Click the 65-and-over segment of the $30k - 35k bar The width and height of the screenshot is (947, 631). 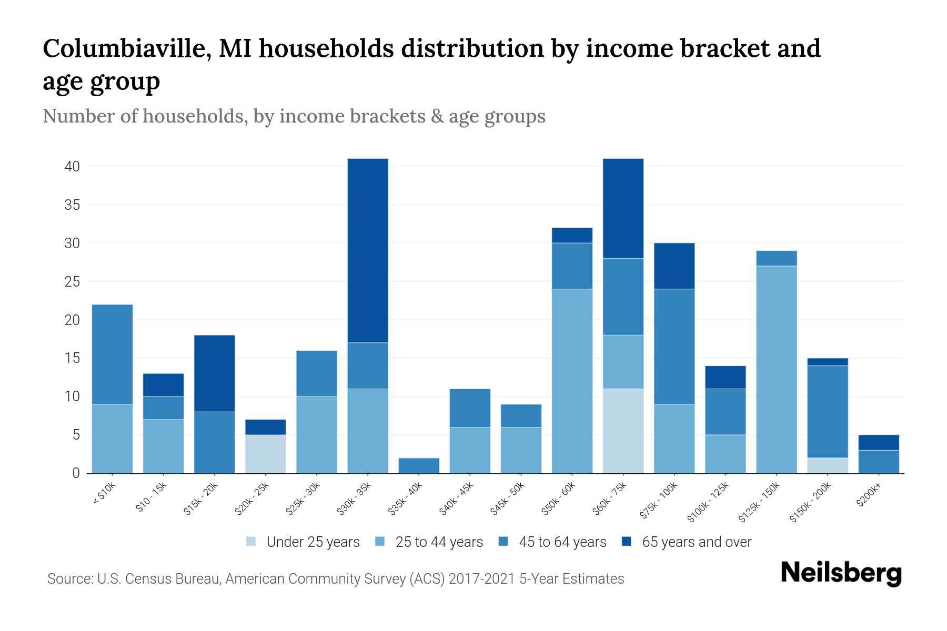coord(368,250)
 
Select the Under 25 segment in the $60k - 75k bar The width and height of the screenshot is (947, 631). coord(623,431)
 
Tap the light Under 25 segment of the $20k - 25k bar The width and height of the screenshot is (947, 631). coord(266,454)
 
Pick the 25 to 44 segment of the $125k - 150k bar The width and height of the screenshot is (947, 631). coord(776,370)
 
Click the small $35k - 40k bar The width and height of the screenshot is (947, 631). coord(419,465)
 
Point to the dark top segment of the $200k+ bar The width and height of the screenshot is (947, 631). coord(878,442)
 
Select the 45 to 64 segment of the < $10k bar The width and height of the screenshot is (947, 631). coord(112,354)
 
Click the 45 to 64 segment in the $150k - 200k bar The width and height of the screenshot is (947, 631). coord(827,411)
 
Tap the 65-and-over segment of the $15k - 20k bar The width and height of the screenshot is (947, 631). coord(214,373)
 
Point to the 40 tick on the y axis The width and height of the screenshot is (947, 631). coord(72,167)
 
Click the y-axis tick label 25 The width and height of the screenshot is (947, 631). coord(72,282)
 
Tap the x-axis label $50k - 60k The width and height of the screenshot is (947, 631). coord(559,498)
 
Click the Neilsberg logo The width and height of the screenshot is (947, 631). coord(841,573)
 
